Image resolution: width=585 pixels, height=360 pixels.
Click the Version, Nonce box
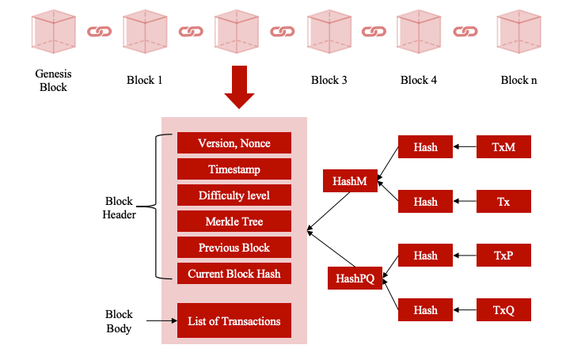pos(234,143)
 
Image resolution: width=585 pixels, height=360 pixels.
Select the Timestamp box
pos(234,169)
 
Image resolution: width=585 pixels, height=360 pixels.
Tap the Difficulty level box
pos(234,195)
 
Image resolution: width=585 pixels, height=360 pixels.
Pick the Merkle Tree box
pos(234,222)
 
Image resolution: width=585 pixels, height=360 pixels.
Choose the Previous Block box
pos(234,248)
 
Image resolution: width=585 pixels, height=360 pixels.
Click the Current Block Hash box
pos(234,274)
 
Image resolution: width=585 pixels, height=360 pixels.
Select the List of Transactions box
pos(234,321)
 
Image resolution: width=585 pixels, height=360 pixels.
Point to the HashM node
pos(350,181)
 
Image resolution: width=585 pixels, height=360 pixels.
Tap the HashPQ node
pos(355,278)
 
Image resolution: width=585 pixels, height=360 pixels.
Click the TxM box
pos(503,147)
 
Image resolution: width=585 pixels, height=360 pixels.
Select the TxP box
pos(503,256)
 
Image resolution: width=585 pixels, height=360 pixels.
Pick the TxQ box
pos(503,310)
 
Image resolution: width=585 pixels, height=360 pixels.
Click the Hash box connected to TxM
pos(425,147)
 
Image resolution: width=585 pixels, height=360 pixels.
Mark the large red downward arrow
pos(239,88)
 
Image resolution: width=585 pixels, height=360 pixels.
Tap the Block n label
pos(519,80)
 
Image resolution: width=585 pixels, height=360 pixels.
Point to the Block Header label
pos(120,208)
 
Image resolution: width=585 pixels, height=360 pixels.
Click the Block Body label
pos(120,321)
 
